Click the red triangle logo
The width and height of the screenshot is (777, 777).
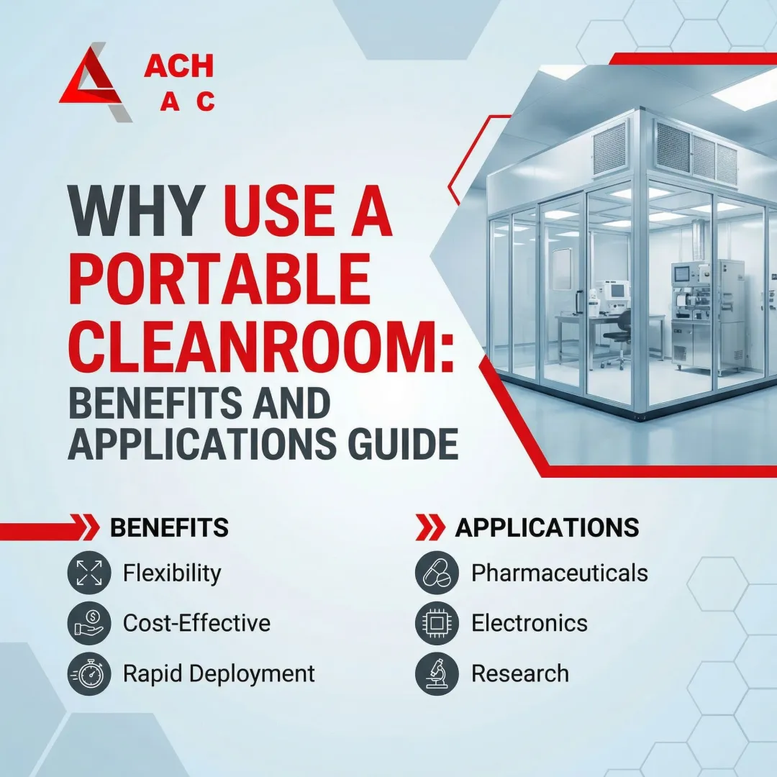pos(94,83)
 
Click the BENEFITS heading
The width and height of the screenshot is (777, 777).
pos(169,528)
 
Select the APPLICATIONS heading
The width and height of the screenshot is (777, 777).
pos(547,528)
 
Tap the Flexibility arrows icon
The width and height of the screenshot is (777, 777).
pos(90,573)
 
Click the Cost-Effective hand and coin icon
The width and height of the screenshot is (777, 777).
pos(90,623)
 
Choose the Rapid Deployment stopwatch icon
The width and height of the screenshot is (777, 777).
pos(90,674)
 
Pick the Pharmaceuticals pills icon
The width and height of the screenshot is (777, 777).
pos(437,573)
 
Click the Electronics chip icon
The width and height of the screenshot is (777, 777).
pos(437,623)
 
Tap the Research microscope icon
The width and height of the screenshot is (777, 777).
pos(437,674)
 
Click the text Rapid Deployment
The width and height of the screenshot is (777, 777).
pos(219,674)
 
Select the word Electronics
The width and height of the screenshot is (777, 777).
pos(530,623)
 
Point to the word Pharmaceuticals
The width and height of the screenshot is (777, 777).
pos(560,573)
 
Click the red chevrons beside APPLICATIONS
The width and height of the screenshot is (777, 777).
pos(430,528)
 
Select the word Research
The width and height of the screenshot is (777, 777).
pos(520,674)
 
